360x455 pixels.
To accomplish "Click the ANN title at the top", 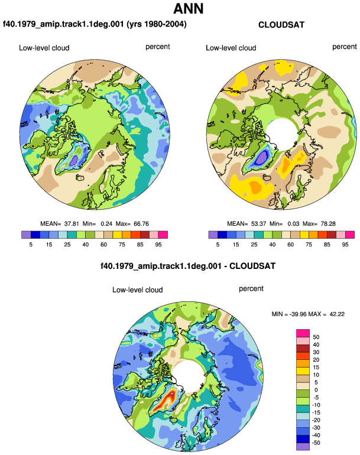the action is [x=188, y=9].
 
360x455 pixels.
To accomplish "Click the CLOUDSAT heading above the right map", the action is [x=281, y=25].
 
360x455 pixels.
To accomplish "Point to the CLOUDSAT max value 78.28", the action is [x=327, y=224].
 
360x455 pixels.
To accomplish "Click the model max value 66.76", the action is [x=141, y=224].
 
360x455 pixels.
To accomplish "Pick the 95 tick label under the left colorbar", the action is [x=158, y=245].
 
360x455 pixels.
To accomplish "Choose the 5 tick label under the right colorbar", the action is [x=218, y=245].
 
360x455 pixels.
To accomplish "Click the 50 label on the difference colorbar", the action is [x=316, y=337].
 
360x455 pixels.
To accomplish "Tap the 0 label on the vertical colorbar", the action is [x=316, y=390].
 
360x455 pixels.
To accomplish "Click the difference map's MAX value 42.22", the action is [x=337, y=314].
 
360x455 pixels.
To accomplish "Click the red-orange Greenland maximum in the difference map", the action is [x=167, y=400].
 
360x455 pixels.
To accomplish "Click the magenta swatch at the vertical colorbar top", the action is [x=303, y=333].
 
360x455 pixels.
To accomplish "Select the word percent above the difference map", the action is [x=251, y=289].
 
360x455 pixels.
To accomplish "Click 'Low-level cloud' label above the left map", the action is [x=44, y=48].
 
